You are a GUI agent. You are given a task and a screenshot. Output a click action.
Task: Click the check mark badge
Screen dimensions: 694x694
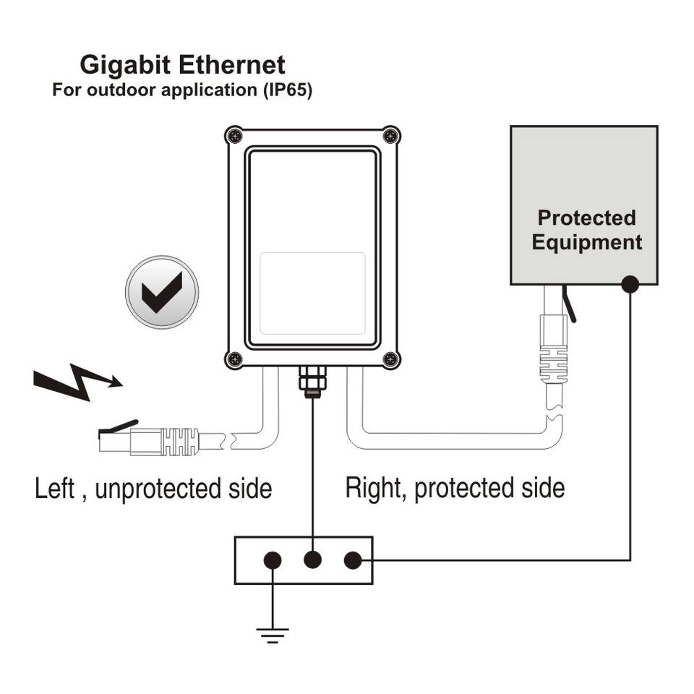(161, 292)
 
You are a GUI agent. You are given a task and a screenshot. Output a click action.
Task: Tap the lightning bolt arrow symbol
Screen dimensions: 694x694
(77, 383)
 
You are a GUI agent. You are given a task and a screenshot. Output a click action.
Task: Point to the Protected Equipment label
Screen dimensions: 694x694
(586, 230)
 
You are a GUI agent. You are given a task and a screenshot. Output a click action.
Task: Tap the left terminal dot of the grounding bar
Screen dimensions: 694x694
(273, 560)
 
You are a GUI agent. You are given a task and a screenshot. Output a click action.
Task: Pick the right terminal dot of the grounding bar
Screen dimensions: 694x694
(352, 560)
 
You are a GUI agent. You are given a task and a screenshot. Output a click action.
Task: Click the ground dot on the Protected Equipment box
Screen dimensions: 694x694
(630, 285)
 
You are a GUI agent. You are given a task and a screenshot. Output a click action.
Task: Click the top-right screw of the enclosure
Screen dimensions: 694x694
(391, 135)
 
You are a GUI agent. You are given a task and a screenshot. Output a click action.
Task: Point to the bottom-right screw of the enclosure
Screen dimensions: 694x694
(391, 357)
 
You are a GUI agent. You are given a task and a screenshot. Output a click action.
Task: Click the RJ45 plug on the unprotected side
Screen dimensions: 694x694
(148, 439)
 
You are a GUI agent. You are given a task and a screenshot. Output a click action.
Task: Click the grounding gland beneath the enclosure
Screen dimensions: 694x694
(312, 380)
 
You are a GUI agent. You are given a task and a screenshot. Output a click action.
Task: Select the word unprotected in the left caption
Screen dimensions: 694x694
(154, 489)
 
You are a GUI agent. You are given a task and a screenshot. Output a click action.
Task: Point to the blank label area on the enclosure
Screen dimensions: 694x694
(312, 293)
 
